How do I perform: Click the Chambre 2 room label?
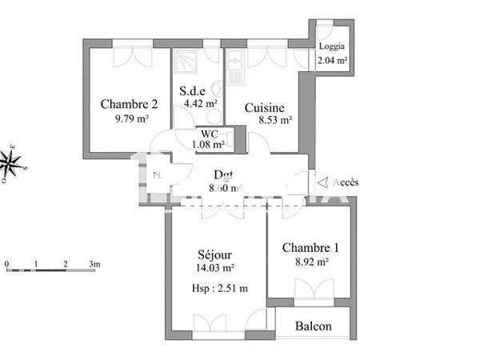coord(129,103)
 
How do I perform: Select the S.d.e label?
coord(195,90)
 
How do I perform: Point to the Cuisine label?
coord(265,107)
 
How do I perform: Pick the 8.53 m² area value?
coord(273,121)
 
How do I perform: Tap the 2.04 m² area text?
coord(332,60)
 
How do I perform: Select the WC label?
coord(210,134)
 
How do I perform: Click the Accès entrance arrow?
coord(322,182)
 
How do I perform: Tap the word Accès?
coord(346,182)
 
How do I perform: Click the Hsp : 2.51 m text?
coord(220,289)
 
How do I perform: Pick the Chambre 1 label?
coord(310,247)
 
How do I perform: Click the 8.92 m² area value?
coord(310,261)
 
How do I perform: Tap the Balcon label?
coord(313,326)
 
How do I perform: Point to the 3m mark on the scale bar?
coord(94,263)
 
